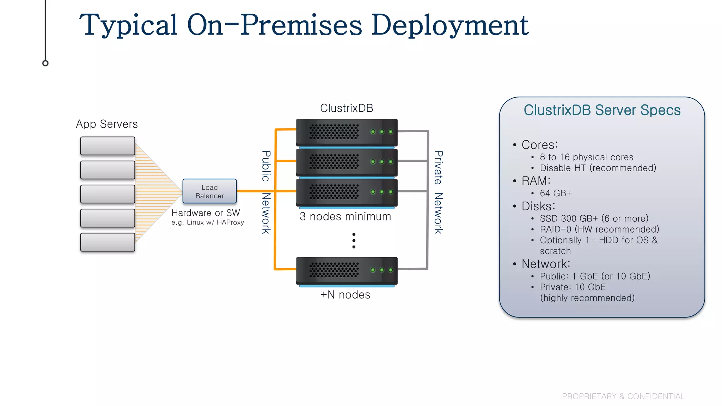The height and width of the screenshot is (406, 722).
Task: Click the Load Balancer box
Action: click(209, 191)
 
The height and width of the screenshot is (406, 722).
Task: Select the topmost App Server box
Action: click(108, 146)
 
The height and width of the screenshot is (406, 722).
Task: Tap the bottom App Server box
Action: click(108, 242)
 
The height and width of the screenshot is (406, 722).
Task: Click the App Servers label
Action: click(107, 124)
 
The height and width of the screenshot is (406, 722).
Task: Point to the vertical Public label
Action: click(266, 166)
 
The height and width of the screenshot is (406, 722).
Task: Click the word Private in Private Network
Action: click(438, 167)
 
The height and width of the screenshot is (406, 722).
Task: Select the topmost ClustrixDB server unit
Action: click(347, 132)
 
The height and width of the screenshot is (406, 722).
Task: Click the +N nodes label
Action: click(345, 295)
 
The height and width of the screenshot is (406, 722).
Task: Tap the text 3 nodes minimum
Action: click(345, 216)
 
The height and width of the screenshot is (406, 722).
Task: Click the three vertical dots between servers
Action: click(354, 241)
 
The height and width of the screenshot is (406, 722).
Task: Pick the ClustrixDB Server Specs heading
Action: click(602, 110)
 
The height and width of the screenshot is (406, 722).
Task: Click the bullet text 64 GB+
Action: click(556, 193)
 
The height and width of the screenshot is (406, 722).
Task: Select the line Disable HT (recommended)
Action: click(598, 168)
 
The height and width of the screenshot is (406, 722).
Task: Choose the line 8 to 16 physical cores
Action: click(587, 157)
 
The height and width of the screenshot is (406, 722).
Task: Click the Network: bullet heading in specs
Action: click(546, 264)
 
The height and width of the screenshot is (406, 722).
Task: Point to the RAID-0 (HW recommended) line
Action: click(599, 229)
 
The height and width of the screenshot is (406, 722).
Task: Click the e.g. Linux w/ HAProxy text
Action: click(208, 222)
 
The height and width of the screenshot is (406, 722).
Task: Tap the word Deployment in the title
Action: click(450, 25)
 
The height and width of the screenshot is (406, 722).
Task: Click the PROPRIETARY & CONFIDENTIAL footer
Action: click(623, 396)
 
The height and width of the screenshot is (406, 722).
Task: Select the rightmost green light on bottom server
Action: click(391, 270)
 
